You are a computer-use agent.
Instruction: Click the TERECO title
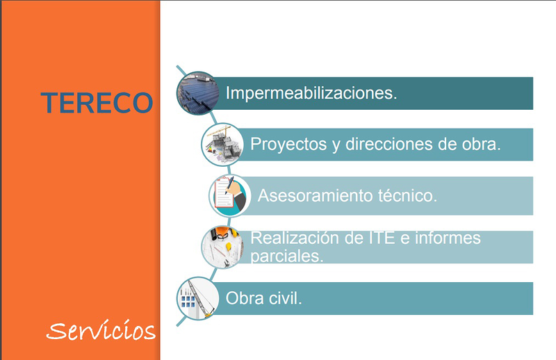97,102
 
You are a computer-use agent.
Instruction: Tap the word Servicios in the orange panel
101,331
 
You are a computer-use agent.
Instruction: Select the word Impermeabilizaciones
311,93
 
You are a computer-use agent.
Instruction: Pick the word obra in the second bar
481,145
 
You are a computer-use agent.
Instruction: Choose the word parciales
287,255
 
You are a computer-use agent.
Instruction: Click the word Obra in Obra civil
243,298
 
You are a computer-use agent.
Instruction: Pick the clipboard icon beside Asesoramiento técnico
229,195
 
